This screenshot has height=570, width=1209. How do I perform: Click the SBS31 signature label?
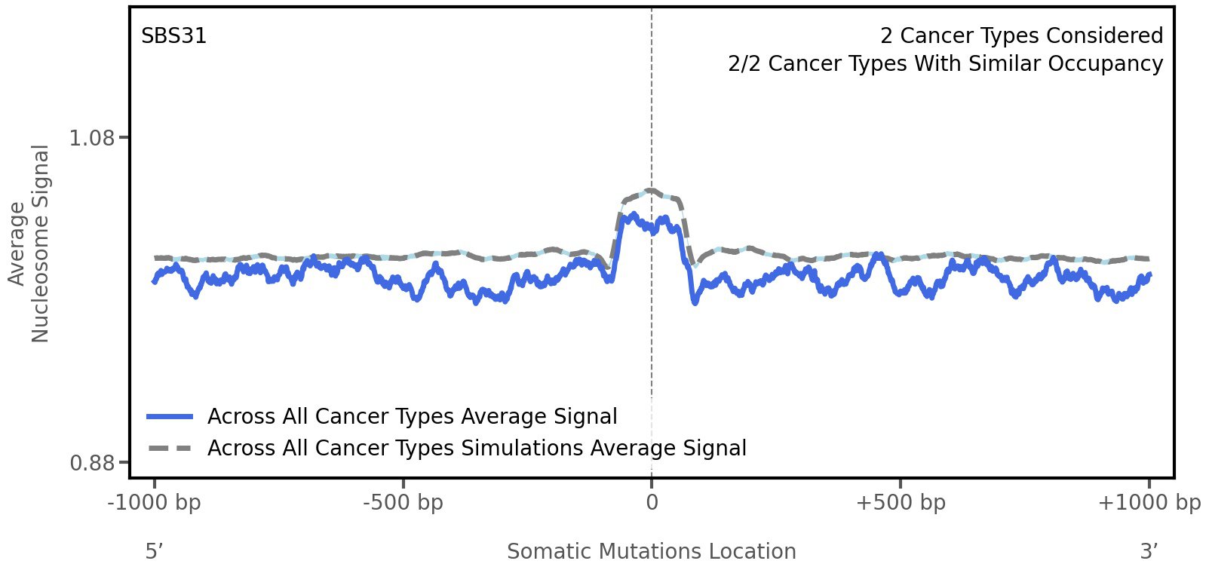[x=173, y=36]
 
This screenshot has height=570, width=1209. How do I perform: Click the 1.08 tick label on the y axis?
[x=92, y=138]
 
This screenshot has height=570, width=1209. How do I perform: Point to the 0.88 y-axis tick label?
[x=92, y=462]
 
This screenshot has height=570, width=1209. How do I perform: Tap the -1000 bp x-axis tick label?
[x=155, y=503]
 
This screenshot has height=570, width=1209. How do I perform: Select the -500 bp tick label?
[x=403, y=503]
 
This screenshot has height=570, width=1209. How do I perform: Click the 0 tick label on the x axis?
[x=652, y=503]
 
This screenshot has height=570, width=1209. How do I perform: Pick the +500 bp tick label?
[x=901, y=503]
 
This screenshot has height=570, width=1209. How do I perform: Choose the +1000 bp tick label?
[x=1149, y=503]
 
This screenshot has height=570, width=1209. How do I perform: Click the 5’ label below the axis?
[x=154, y=551]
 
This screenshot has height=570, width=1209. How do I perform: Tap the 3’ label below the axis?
[x=1149, y=551]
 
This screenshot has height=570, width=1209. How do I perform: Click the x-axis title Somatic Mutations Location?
[x=652, y=551]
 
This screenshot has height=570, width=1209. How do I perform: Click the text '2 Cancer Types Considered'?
[x=1021, y=36]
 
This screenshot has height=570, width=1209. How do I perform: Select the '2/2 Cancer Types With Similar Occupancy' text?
[x=945, y=64]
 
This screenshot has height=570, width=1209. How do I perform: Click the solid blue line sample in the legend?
[x=170, y=417]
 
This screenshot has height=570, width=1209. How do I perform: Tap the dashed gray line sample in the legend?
[x=170, y=449]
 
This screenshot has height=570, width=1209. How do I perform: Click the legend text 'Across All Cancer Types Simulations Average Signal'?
[x=477, y=449]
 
